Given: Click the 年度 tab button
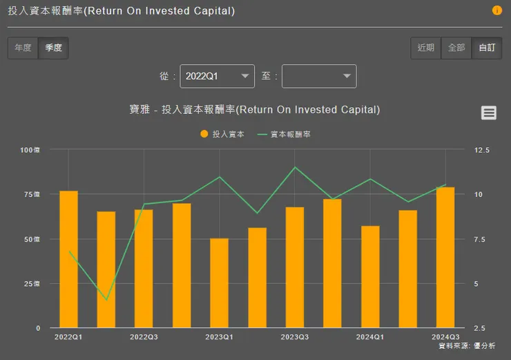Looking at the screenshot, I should (23, 48).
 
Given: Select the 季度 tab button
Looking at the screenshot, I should (53, 48).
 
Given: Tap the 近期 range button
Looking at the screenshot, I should (426, 48).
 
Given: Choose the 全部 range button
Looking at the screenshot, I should (456, 48).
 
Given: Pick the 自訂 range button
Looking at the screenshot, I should (487, 48).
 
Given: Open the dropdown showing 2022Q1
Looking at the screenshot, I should (217, 77).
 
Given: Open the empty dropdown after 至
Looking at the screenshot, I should (319, 77).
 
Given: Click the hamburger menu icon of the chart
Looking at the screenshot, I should (489, 113).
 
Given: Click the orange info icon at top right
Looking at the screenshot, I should (496, 10).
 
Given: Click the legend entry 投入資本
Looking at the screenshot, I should (222, 134).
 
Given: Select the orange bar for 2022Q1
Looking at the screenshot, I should (68, 259).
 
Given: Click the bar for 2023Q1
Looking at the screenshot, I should (220, 283).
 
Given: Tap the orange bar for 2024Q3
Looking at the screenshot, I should (445, 257).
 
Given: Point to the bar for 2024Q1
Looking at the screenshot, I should (370, 276).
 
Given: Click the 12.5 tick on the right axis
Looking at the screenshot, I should (482, 150).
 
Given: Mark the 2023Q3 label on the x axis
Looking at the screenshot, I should (295, 337).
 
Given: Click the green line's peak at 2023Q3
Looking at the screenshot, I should (295, 167).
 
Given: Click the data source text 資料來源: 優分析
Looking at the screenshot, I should (467, 345).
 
